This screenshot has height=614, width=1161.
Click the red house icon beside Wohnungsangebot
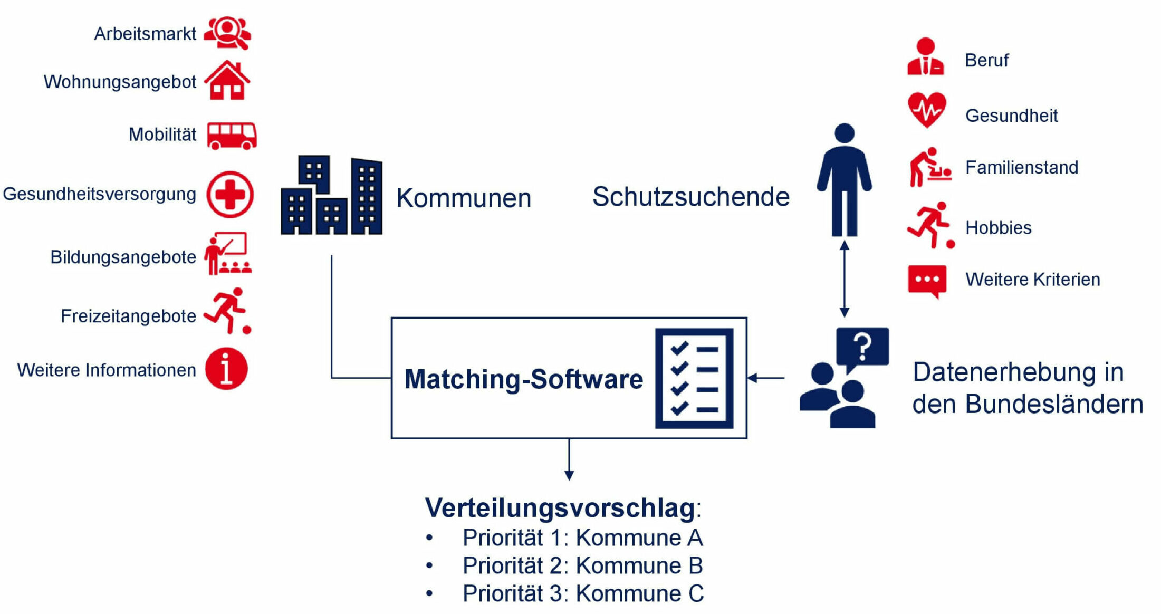(227, 80)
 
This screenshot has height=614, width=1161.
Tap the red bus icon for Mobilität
(232, 136)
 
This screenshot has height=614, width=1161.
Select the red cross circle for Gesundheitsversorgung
(230, 195)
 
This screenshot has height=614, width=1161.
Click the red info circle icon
(226, 369)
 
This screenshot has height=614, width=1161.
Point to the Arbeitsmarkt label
(145, 34)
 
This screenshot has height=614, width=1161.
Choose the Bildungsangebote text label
(123, 257)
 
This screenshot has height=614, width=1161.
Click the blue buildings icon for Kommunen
(332, 195)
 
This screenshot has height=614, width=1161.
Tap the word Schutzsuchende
(691, 197)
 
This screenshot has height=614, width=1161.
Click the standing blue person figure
(845, 180)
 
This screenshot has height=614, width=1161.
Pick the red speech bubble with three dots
(927, 281)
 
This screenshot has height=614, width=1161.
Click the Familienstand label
(1022, 168)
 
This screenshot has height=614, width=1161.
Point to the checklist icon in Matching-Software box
(694, 378)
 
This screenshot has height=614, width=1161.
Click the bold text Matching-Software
(524, 379)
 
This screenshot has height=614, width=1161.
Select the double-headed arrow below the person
(845, 279)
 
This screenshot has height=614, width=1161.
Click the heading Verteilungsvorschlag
(560, 507)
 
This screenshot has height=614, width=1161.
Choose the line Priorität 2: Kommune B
(583, 566)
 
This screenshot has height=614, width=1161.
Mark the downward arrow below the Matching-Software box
(569, 459)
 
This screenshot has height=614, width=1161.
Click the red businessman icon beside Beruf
(926, 56)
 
